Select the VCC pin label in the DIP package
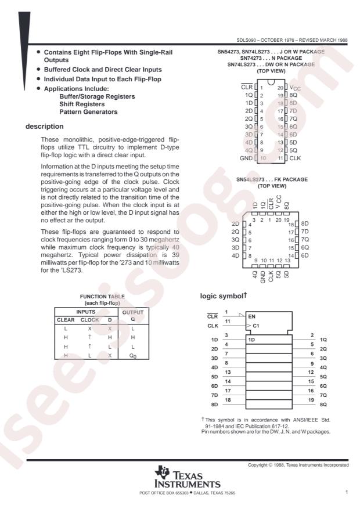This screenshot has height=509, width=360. [x=296, y=86]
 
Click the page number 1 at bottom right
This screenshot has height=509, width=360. [x=346, y=493]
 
